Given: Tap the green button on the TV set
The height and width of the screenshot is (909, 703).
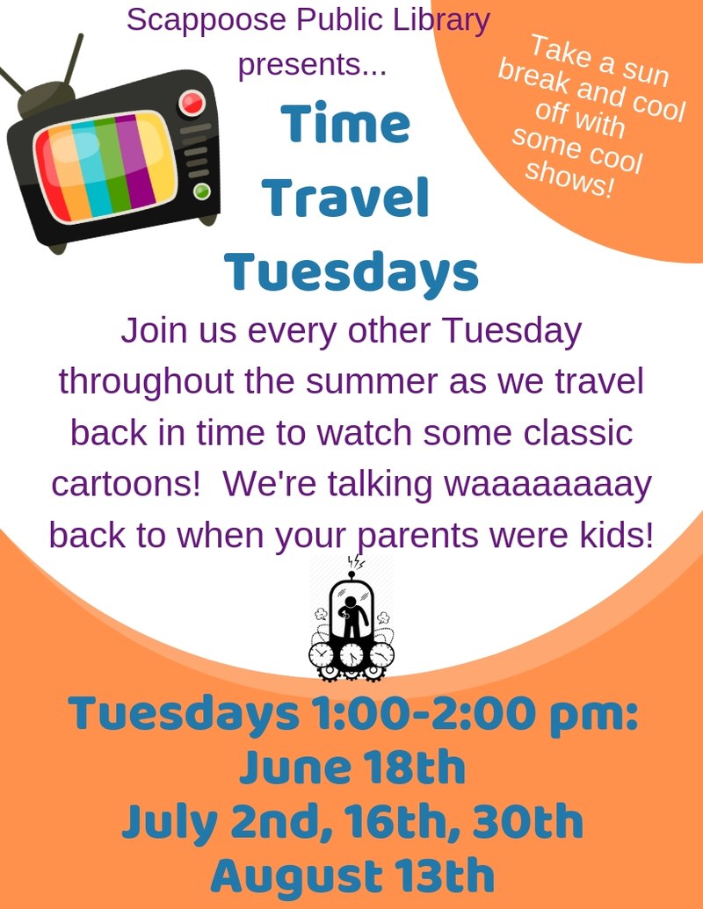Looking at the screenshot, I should (x=203, y=191).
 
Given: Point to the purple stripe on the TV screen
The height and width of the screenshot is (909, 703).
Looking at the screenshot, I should (x=135, y=158).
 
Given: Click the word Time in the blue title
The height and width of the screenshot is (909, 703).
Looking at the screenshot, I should (x=345, y=126).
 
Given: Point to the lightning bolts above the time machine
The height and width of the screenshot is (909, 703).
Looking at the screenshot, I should (x=356, y=562).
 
